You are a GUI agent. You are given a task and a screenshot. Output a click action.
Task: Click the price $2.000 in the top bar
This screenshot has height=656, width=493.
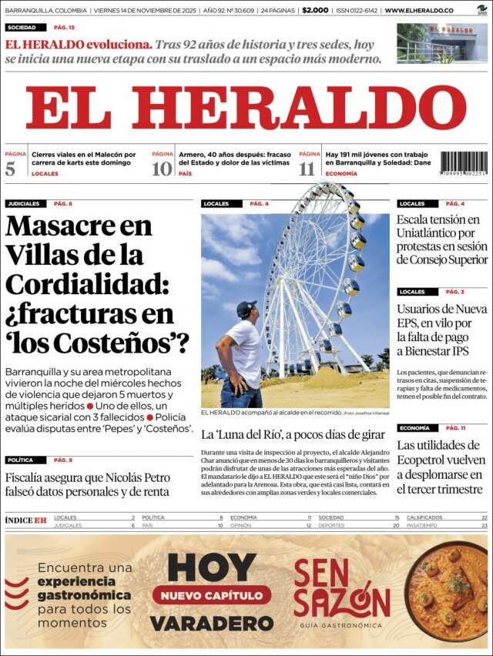pos(315,11)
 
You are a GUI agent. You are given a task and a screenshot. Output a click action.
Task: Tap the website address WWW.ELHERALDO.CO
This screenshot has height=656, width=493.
pos(419,11)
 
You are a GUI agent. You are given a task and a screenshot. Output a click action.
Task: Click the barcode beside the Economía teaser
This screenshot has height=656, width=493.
pos(464,163)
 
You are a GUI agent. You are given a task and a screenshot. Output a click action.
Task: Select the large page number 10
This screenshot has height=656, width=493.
pos(162,169)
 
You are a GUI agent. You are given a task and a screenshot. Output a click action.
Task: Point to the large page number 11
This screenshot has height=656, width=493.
pos(307,169)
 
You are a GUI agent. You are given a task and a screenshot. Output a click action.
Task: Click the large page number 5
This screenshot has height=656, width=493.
pos(10,169)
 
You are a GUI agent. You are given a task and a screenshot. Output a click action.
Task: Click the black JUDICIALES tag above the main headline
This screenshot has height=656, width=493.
pos(24,204)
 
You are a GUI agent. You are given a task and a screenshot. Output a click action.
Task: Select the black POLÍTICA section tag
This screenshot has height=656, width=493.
pos(21,460)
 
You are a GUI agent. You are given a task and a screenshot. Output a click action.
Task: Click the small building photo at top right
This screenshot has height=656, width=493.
pos(441,43)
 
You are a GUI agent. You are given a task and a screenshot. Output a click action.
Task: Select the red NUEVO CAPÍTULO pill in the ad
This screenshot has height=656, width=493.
pos(211,594)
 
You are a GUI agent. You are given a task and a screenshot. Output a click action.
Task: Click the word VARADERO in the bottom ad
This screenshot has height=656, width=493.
pos(211,623)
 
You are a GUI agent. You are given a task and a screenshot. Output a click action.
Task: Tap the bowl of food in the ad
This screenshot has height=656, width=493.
pos(447,591)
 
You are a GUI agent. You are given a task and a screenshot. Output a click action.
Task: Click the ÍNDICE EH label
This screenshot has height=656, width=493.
pos(25,520)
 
